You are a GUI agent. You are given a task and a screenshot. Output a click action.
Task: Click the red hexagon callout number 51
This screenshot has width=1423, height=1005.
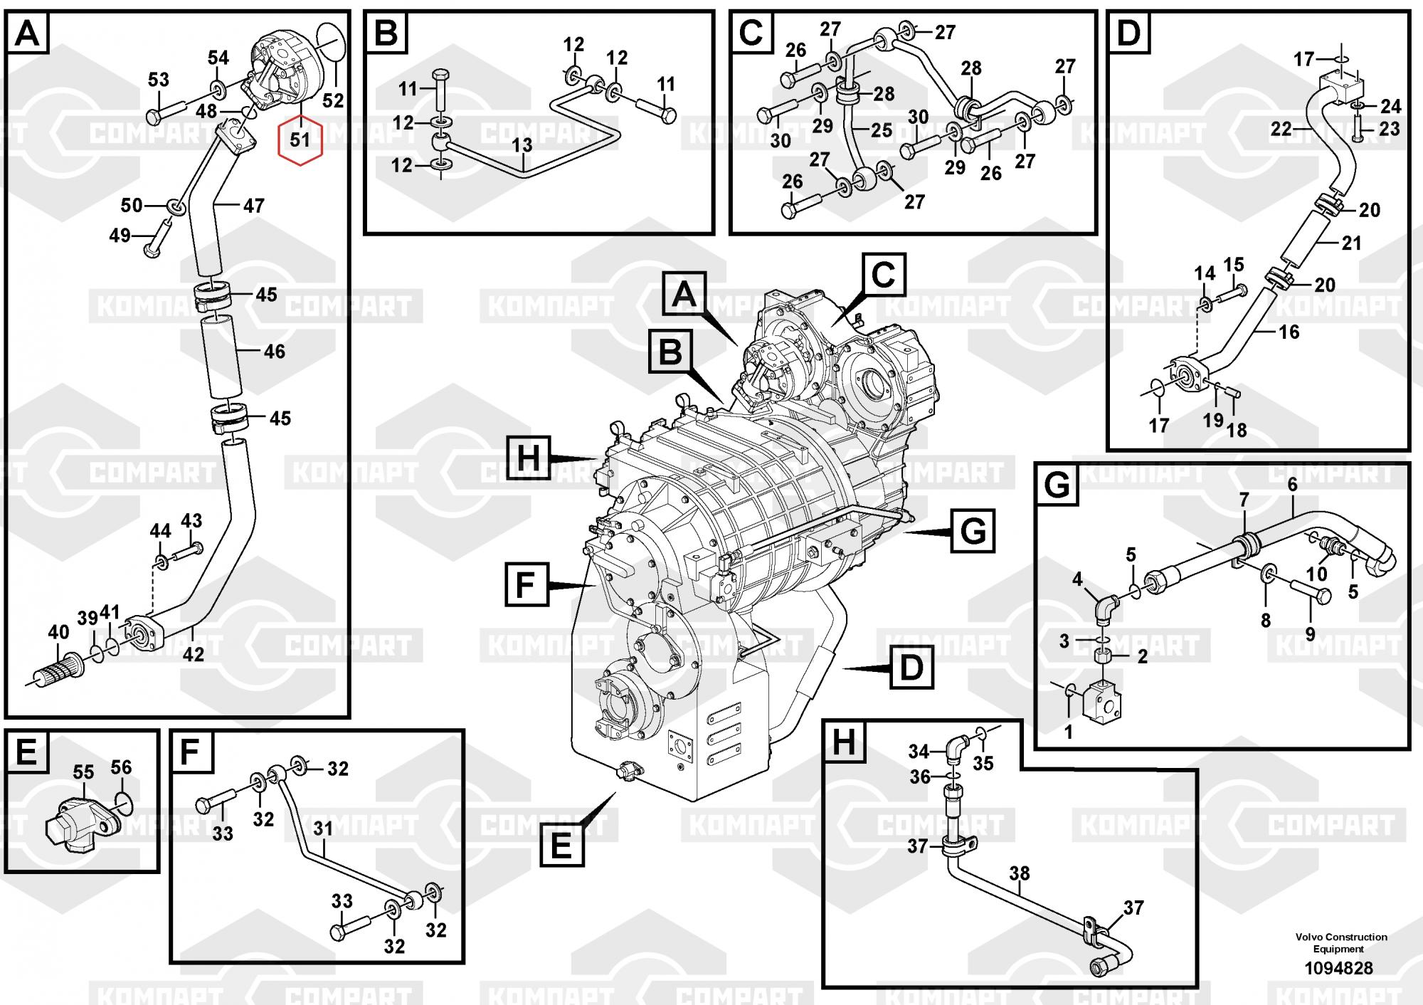[300, 140]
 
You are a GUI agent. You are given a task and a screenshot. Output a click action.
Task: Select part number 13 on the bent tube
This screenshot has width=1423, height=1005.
[522, 146]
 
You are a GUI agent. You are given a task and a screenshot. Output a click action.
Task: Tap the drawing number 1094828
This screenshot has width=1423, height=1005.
[1338, 968]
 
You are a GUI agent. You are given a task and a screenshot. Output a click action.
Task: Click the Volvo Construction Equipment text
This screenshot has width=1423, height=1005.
[1340, 942]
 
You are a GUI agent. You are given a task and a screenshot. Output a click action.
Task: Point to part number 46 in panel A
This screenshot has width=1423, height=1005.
[274, 351]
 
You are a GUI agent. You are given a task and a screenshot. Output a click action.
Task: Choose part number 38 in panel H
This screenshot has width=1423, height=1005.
[1019, 873]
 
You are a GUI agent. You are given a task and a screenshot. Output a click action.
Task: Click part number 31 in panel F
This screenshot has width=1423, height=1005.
[323, 828]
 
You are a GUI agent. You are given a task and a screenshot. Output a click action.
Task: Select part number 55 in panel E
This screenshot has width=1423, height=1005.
[83, 772]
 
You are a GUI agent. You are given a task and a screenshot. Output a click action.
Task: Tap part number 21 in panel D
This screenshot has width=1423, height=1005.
[1350, 243]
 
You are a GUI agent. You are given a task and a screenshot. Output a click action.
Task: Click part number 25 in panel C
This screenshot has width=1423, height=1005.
[881, 130]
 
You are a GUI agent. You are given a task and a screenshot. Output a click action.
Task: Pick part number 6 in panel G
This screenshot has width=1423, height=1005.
[1292, 485]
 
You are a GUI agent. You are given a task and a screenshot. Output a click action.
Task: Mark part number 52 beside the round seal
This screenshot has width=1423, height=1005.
[333, 100]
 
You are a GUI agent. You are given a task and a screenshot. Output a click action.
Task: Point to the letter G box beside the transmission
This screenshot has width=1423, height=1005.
[973, 531]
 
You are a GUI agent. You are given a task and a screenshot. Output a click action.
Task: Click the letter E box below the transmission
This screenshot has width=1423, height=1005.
[561, 845]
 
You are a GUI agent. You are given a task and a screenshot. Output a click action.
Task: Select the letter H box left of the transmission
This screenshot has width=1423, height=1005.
[528, 456]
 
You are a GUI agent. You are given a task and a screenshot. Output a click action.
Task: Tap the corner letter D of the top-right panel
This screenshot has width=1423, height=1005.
[1128, 33]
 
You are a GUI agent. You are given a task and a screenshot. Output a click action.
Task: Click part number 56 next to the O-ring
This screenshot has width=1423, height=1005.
[121, 767]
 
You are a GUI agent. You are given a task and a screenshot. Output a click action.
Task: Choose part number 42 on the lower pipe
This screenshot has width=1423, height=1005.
[193, 653]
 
